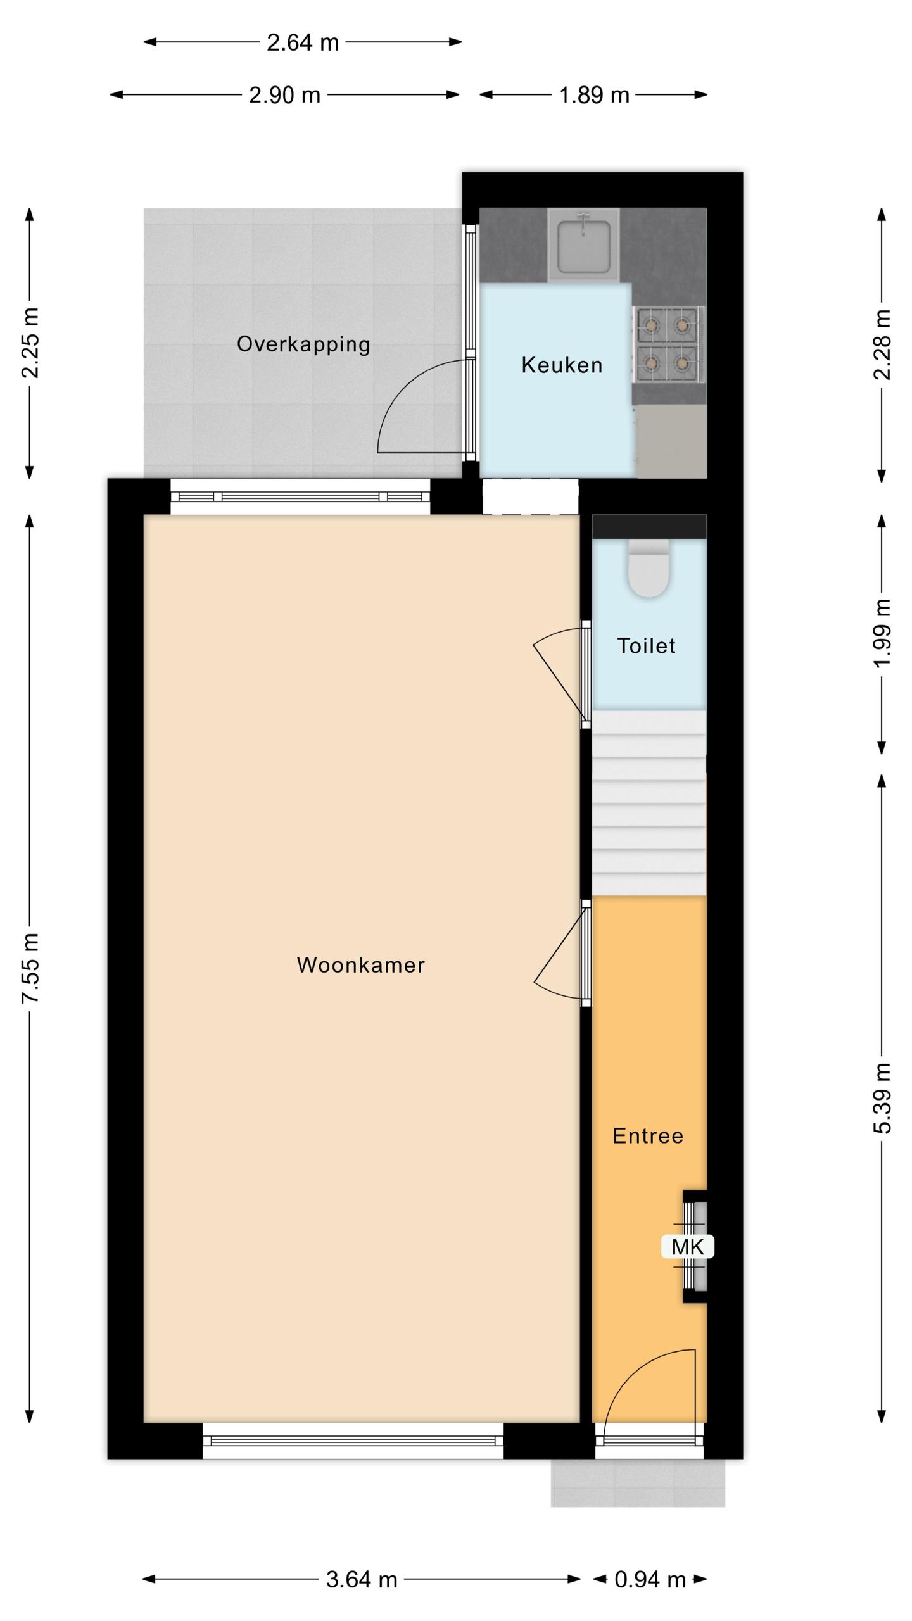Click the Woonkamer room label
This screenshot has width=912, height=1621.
click(x=360, y=964)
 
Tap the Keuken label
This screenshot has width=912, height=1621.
click(x=562, y=365)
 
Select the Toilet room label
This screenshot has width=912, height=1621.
click(x=646, y=645)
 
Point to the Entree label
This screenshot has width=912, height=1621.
click(x=648, y=1135)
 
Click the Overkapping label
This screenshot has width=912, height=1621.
click(x=303, y=344)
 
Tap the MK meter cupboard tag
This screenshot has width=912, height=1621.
click(x=687, y=1247)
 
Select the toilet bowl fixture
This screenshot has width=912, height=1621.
click(x=649, y=568)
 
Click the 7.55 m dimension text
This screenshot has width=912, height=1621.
click(x=30, y=968)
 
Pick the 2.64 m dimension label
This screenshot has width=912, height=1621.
click(x=303, y=42)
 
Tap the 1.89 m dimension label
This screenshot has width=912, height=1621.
click(x=593, y=95)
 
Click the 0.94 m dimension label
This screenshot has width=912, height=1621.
click(x=650, y=1579)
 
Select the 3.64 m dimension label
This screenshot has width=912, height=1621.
click(x=361, y=1579)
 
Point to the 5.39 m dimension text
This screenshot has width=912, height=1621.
click(x=882, y=1098)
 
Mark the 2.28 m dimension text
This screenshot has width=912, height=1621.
click(x=882, y=344)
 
